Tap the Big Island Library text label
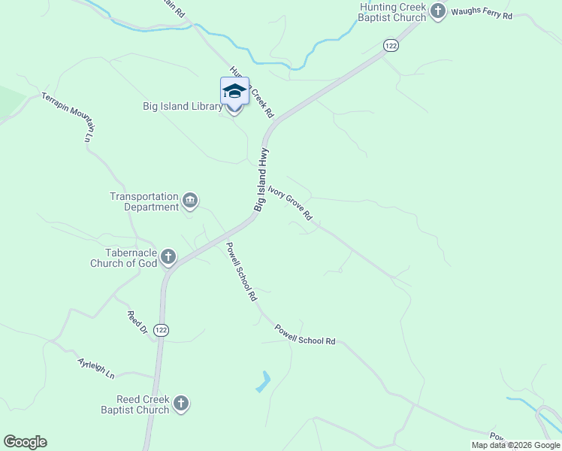(183, 107)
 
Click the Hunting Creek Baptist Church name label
(393, 12)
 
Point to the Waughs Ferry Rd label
(482, 15)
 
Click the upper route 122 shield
(390, 46)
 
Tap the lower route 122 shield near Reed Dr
(161, 330)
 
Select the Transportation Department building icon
(189, 200)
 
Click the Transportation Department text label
(144, 201)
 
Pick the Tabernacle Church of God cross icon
(168, 258)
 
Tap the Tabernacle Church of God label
(124, 258)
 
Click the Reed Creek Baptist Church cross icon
(180, 404)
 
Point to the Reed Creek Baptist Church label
(135, 404)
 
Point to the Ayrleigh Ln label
(96, 368)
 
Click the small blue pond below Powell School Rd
(263, 381)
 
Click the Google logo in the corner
(25, 442)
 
